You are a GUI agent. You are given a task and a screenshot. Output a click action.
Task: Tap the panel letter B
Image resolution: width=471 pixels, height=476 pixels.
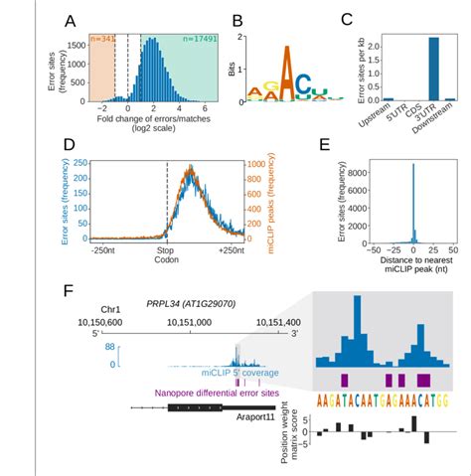[x=236, y=21]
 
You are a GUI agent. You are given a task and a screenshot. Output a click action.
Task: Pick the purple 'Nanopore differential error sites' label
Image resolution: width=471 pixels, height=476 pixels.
[x=212, y=392]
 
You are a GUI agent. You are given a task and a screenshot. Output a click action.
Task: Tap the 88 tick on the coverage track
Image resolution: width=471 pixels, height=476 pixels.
[x=83, y=347]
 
